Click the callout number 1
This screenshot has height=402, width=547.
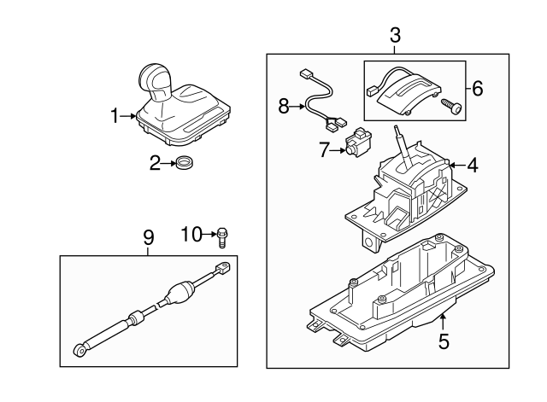pos(115,116)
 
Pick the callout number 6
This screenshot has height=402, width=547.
pos(477,87)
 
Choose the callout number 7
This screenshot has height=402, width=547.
pos(324,150)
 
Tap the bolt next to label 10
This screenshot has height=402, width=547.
pos(222,236)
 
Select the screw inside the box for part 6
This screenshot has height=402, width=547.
pos(450,108)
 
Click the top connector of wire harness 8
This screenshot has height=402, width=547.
pos(306,74)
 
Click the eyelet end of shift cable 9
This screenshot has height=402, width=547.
pos(80,349)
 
